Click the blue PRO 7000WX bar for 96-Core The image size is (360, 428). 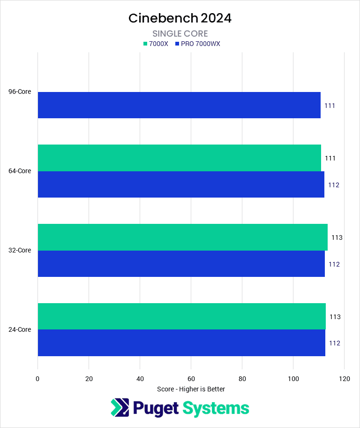[x=179, y=105]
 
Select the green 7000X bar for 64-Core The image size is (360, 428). [x=179, y=158]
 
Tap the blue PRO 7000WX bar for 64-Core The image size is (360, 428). [x=181, y=184]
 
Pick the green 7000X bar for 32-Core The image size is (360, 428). [x=182, y=237]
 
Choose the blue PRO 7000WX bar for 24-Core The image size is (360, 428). [x=181, y=343]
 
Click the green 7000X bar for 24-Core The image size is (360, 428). [x=181, y=317]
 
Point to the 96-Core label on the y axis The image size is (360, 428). [x=20, y=92]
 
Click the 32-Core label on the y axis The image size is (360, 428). [x=20, y=250]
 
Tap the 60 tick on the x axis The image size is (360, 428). [x=191, y=378]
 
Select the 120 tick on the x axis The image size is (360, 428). [x=344, y=378]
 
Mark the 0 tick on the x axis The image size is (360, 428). [x=37, y=378]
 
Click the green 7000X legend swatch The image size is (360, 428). [x=145, y=44]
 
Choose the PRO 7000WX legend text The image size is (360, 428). [x=200, y=44]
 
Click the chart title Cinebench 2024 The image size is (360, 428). [x=180, y=18]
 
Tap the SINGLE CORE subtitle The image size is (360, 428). [x=180, y=34]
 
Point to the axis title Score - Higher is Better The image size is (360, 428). [x=191, y=389]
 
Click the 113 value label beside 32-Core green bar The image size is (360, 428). [x=337, y=237]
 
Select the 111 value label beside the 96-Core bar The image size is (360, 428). [x=330, y=106]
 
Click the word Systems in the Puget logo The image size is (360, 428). [x=216, y=408]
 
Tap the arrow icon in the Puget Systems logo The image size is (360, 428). [x=119, y=408]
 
